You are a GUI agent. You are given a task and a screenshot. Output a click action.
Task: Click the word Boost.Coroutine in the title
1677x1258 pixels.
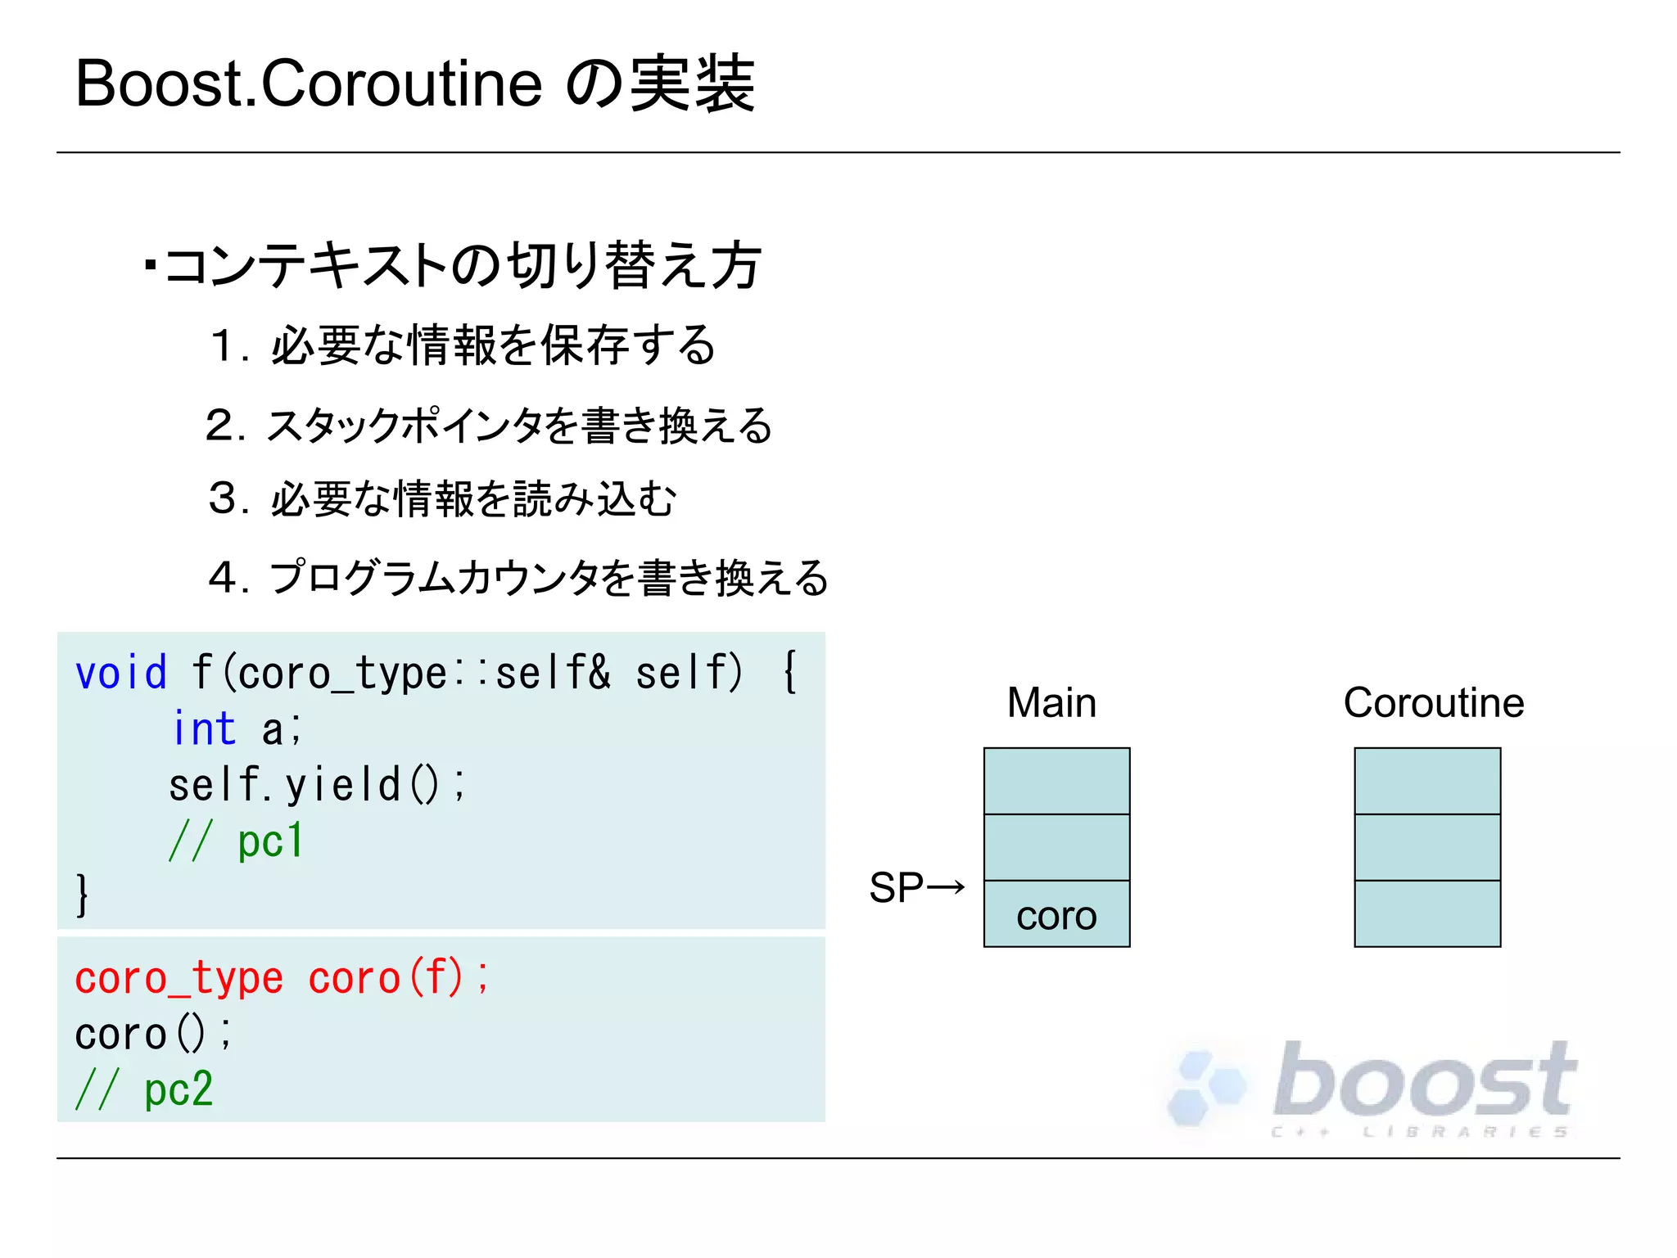pos(309,84)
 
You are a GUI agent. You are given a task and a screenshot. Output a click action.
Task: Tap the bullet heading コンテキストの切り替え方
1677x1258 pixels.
pos(463,265)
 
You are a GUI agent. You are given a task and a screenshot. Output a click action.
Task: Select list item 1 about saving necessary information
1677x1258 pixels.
pos(463,345)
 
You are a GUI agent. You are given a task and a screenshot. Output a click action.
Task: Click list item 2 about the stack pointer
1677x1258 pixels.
pos(489,426)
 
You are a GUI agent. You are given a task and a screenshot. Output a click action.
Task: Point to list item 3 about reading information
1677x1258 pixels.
pos(443,498)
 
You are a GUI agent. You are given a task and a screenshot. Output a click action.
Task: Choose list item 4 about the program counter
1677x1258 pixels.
pos(518,578)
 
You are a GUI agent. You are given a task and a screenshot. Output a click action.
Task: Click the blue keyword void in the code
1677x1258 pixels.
pos(121,674)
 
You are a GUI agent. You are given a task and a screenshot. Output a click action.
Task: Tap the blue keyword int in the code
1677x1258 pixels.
pos(204,728)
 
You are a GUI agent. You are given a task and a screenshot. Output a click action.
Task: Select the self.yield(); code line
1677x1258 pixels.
pos(317,784)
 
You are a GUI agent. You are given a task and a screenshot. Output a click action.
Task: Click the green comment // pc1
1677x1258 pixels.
pos(236,841)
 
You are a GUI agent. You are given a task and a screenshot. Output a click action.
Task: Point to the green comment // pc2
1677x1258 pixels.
pos(144,1089)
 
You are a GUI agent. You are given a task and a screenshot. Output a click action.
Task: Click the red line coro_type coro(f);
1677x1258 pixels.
pos(282,978)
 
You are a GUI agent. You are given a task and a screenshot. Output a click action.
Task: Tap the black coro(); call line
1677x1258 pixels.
pos(153,1034)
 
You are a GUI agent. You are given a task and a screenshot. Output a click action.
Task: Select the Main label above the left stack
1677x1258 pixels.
pos(1051,702)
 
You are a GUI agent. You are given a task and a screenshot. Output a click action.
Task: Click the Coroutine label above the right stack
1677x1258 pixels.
pos(1433,702)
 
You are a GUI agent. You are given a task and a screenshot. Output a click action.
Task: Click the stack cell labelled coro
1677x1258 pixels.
pos(1056,914)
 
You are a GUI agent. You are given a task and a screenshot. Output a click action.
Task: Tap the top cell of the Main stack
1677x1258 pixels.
pos(1056,781)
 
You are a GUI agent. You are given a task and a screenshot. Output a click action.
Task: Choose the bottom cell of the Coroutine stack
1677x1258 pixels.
pos(1427,914)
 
